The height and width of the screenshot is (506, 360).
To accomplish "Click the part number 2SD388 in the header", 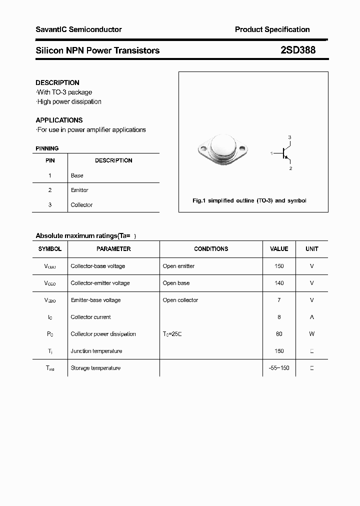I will (x=297, y=50).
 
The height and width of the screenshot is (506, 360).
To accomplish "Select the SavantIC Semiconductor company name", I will (x=78, y=29).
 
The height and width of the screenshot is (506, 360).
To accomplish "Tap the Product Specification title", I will (x=272, y=29).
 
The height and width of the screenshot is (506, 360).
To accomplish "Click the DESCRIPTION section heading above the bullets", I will (x=57, y=82).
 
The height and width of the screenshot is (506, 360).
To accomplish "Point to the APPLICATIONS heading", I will (x=59, y=120).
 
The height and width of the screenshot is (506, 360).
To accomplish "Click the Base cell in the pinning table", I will (x=77, y=175).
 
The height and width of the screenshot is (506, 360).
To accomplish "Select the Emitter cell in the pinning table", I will (x=79, y=190).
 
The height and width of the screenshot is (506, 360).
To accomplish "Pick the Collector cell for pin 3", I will (x=81, y=204).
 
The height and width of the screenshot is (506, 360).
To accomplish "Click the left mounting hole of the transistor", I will (x=203, y=148).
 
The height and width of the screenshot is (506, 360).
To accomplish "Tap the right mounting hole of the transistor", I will (x=243, y=148).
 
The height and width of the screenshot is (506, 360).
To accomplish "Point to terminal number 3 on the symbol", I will (x=289, y=137).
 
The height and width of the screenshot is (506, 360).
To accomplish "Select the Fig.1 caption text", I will (x=249, y=200).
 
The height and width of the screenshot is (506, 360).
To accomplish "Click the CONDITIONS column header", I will (x=211, y=248).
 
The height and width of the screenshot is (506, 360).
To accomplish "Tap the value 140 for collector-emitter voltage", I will (x=279, y=283).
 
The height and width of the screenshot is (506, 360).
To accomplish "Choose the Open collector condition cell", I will (x=180, y=300).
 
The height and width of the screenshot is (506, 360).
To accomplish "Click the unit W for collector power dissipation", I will (x=311, y=334).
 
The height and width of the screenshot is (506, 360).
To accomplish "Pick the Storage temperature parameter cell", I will (x=95, y=368).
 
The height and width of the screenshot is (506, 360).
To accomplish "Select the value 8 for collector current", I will (x=279, y=317).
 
